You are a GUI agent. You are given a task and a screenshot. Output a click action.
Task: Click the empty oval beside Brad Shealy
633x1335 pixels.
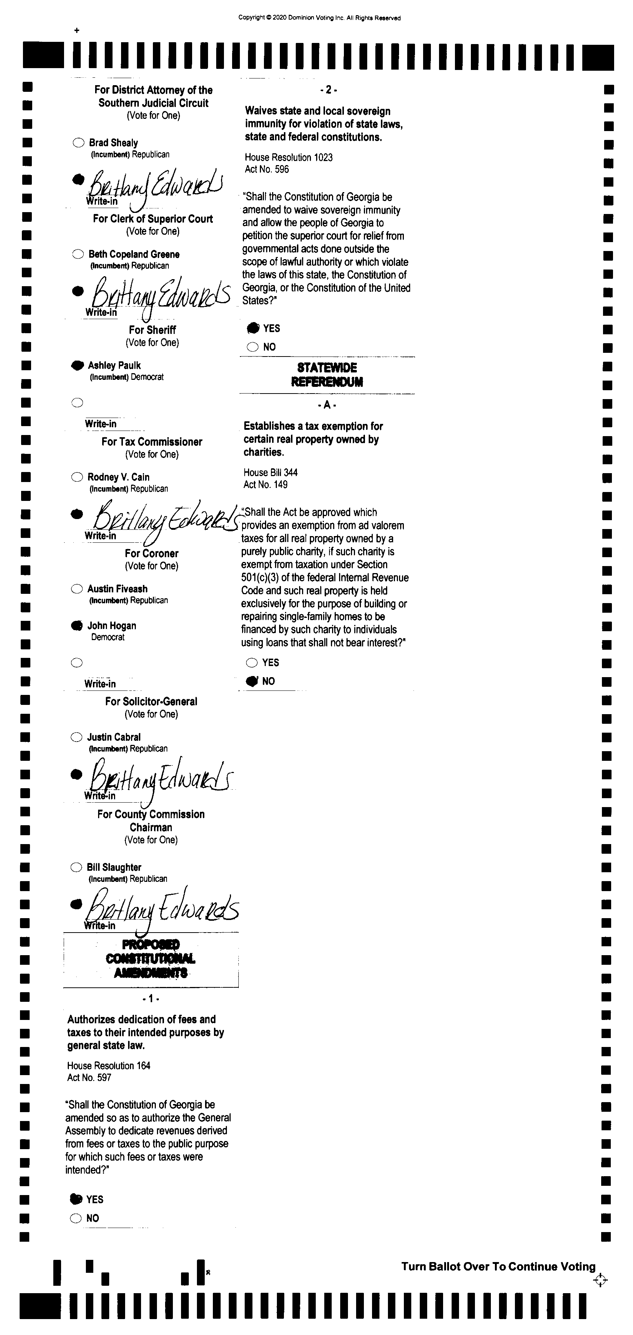(x=78, y=143)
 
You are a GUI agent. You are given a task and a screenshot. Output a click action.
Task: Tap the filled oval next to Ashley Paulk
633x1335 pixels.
(x=77, y=365)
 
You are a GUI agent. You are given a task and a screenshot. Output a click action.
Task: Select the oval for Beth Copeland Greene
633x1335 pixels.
(x=78, y=254)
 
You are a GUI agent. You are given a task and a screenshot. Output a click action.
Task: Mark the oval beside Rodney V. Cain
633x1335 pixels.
(x=77, y=477)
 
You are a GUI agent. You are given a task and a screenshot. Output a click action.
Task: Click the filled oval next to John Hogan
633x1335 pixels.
(x=77, y=626)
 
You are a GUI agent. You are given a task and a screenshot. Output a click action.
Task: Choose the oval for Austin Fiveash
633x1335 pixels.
(x=77, y=589)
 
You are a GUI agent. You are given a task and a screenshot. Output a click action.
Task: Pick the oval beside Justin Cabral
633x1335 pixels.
(x=76, y=737)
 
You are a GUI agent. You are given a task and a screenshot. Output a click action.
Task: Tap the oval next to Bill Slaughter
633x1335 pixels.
(x=76, y=867)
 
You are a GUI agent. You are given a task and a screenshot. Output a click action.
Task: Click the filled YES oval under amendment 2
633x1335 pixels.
(x=253, y=328)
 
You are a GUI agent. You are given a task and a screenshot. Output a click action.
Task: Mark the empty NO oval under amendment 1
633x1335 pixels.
(x=76, y=1218)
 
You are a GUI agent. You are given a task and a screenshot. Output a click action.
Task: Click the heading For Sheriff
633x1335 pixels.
(x=152, y=329)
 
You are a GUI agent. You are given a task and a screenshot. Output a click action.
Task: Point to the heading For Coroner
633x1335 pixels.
(x=151, y=553)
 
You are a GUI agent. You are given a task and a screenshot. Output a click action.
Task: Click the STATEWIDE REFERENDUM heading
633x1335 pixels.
(x=327, y=375)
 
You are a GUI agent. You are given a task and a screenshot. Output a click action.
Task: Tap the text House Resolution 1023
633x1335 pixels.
(x=288, y=157)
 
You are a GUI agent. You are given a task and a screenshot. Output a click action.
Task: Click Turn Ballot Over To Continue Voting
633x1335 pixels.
(x=498, y=1267)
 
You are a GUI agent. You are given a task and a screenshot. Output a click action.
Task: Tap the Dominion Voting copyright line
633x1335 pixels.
(x=319, y=18)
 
